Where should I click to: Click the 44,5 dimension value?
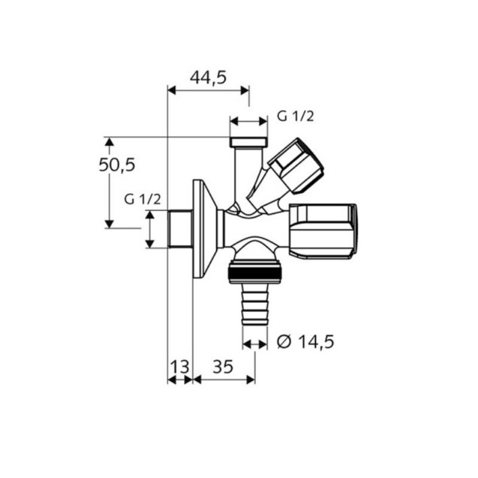point(208,78)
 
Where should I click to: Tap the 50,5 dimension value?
point(117,166)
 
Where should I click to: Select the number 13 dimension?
point(179,366)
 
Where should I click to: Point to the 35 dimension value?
point(223,366)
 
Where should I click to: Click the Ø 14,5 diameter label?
point(305,341)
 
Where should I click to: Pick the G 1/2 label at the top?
point(295,117)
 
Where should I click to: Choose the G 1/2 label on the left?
point(142,200)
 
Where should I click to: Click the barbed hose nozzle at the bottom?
point(255,305)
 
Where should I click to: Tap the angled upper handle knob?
point(296,166)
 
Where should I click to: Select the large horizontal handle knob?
point(323,232)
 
